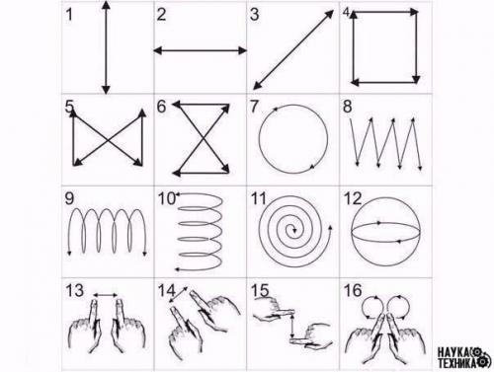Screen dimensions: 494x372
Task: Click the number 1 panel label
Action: click(x=69, y=15)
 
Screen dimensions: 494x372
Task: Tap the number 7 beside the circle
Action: click(x=254, y=107)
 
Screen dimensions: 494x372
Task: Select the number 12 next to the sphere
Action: click(x=353, y=198)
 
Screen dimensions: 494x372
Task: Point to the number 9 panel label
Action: click(x=69, y=198)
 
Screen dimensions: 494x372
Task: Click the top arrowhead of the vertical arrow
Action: click(x=106, y=5)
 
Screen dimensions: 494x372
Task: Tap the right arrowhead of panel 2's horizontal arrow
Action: click(x=242, y=50)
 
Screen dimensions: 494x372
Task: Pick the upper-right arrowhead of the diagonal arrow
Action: click(x=329, y=14)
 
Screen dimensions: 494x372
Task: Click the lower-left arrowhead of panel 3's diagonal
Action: click(x=257, y=85)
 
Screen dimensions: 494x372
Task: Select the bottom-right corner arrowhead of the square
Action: click(x=416, y=79)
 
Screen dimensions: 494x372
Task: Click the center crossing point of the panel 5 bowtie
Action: click(x=109, y=141)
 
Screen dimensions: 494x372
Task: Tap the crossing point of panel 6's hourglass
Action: click(x=202, y=138)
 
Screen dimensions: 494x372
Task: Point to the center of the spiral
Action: click(x=293, y=230)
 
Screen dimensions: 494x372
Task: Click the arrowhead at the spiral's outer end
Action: click(x=330, y=228)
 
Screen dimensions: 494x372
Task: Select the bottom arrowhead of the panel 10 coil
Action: click(x=177, y=269)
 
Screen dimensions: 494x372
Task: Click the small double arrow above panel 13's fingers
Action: click(x=106, y=295)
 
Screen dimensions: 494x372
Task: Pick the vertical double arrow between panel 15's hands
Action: click(x=292, y=326)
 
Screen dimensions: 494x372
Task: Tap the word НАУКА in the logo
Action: click(x=453, y=352)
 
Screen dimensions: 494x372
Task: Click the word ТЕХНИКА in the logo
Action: click(x=457, y=362)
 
